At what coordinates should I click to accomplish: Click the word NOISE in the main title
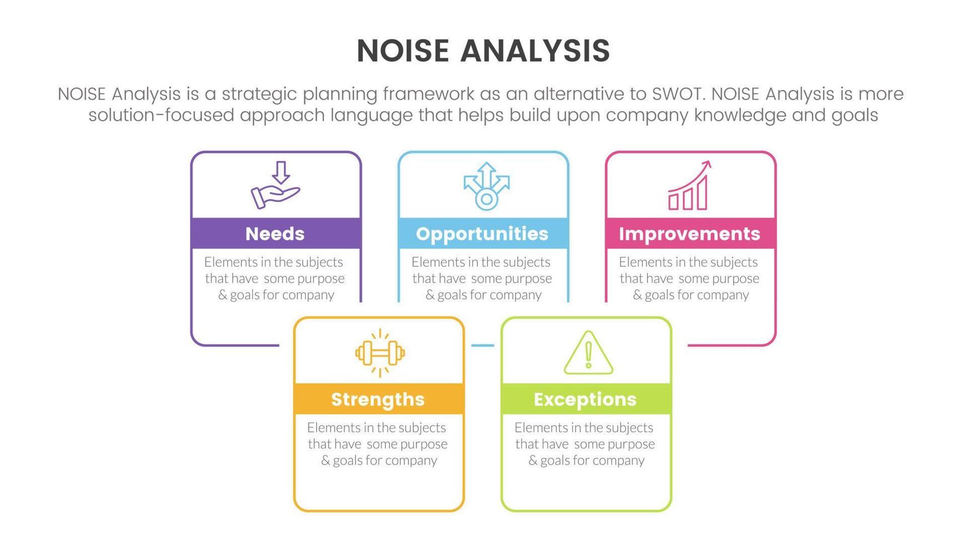(403, 51)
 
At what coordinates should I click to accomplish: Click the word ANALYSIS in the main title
(535, 51)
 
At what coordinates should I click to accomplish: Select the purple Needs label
(275, 234)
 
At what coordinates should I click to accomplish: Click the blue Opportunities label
(482, 234)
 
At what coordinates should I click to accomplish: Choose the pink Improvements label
(690, 234)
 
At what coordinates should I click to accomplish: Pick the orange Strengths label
(378, 399)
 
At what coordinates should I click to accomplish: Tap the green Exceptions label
(586, 399)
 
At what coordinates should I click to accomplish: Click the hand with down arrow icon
(275, 185)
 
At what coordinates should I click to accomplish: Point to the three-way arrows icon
(487, 186)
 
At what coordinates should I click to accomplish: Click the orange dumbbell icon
(380, 353)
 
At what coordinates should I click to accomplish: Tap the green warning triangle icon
(588, 353)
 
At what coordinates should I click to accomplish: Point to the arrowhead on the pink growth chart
(707, 165)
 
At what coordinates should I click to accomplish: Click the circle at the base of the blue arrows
(487, 199)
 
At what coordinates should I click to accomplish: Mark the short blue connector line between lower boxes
(482, 345)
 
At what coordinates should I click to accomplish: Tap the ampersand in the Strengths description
(325, 461)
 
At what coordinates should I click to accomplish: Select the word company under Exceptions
(618, 461)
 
